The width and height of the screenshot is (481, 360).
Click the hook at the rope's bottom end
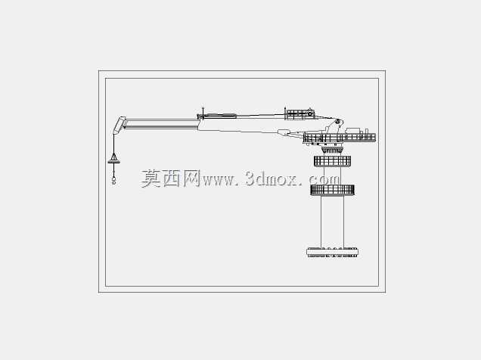coord(113,181)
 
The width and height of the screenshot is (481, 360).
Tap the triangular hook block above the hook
coord(113,158)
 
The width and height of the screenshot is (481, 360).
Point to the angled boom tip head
coord(119,125)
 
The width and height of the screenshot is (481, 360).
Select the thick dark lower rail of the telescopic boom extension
coord(162,126)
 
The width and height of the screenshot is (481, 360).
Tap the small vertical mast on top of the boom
coord(203,113)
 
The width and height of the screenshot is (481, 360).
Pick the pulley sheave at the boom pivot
coord(337,121)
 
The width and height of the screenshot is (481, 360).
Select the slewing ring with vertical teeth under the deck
coord(332,150)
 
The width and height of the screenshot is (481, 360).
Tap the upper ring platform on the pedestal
coord(332,161)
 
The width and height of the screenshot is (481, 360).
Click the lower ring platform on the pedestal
coord(332,190)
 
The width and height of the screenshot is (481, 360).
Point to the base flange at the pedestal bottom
coord(332,252)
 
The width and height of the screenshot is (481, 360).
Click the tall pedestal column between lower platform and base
coord(332,221)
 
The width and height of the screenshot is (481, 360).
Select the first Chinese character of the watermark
coord(151,178)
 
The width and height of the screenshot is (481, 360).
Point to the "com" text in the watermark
coord(324,180)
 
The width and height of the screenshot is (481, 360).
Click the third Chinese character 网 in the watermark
coord(192,178)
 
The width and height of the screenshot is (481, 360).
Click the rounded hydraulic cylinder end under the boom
coord(284,132)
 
